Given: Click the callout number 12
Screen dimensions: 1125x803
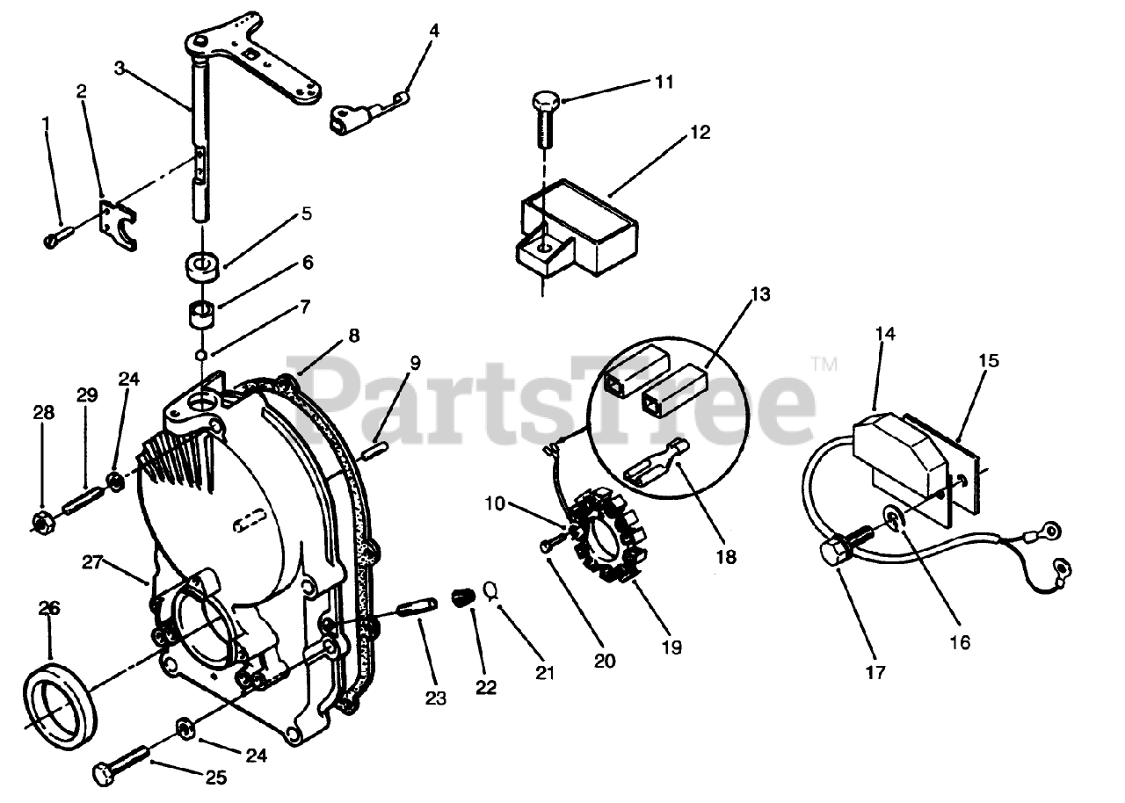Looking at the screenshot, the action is point(700,133).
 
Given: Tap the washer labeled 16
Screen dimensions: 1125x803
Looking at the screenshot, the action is point(893,522).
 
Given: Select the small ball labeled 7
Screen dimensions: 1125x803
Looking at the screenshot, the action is point(202,355).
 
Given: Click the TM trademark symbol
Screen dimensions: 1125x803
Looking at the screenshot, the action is point(824,363).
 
